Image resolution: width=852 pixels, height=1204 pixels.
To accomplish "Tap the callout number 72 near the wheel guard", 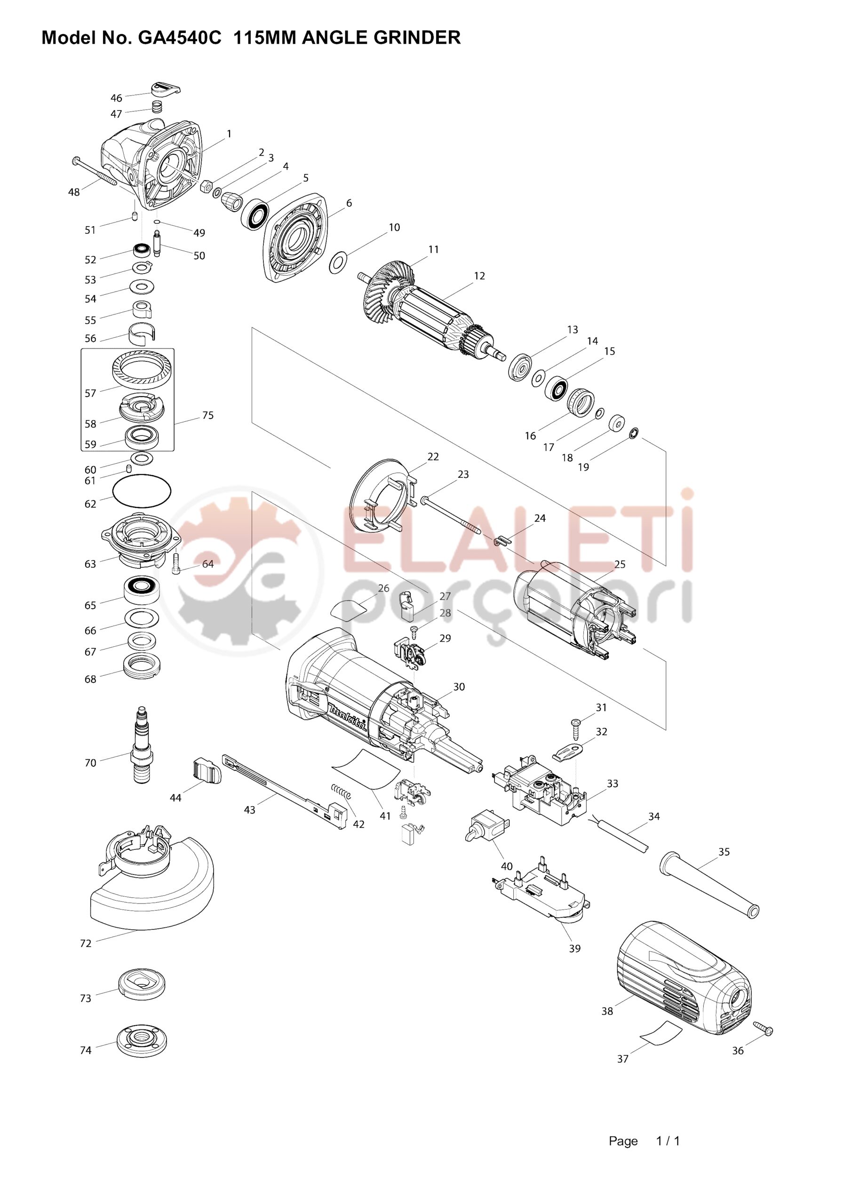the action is [86, 943].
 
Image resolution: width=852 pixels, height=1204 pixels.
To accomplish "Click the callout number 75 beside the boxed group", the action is [208, 415].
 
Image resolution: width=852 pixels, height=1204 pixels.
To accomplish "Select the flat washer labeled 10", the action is [338, 262].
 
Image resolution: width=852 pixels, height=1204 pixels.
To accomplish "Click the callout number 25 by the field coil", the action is [620, 564].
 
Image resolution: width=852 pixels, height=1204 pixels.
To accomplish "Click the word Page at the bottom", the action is [623, 1141].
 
